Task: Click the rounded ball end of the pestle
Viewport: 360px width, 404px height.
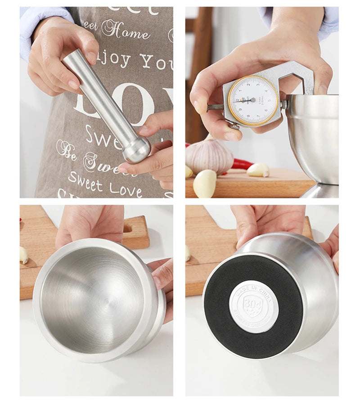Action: click(x=137, y=149)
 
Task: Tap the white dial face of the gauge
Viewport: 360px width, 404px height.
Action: click(x=253, y=100)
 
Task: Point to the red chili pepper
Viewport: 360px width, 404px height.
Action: click(x=241, y=165)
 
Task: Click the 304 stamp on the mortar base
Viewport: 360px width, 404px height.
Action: click(x=253, y=306)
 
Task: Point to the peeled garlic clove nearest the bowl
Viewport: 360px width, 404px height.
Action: click(x=258, y=170)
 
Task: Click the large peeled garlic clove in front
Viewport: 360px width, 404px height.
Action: click(x=205, y=183)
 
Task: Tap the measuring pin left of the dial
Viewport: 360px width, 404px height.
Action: click(x=215, y=107)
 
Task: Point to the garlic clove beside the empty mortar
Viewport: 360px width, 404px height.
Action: click(x=24, y=255)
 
